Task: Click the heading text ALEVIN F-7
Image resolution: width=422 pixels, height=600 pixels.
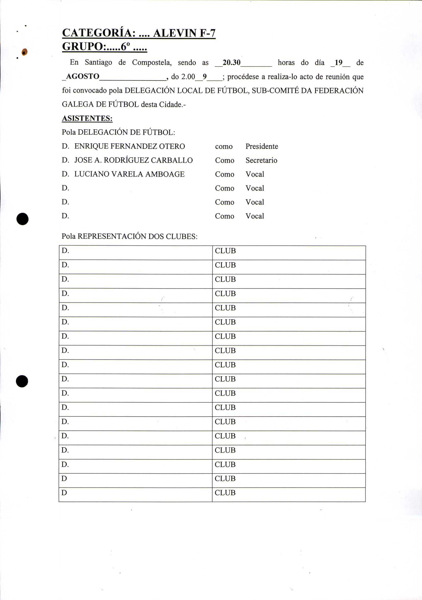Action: click(x=184, y=33)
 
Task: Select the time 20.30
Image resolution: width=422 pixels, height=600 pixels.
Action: click(x=231, y=63)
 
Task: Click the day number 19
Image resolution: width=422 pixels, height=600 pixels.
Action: click(x=338, y=63)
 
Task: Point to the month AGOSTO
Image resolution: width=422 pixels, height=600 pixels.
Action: click(x=83, y=76)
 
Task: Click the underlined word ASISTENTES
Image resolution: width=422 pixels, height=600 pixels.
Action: click(x=87, y=118)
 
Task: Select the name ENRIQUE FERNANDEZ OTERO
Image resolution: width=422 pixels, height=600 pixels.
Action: click(x=130, y=146)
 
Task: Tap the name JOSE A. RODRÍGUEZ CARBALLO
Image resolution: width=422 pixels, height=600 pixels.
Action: click(x=134, y=160)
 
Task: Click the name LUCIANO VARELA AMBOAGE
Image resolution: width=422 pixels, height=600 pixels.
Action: click(x=129, y=174)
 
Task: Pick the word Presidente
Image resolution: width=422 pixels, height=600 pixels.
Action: click(x=262, y=146)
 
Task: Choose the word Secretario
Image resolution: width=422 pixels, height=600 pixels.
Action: click(x=261, y=160)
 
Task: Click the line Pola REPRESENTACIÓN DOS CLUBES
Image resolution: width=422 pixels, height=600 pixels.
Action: click(x=130, y=236)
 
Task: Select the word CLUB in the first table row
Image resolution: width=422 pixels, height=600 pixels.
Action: click(x=225, y=251)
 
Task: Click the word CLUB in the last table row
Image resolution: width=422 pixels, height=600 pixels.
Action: click(x=225, y=493)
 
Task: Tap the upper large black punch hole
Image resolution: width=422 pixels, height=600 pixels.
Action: click(x=22, y=219)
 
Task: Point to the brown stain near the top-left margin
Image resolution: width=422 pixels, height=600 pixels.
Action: click(x=24, y=52)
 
